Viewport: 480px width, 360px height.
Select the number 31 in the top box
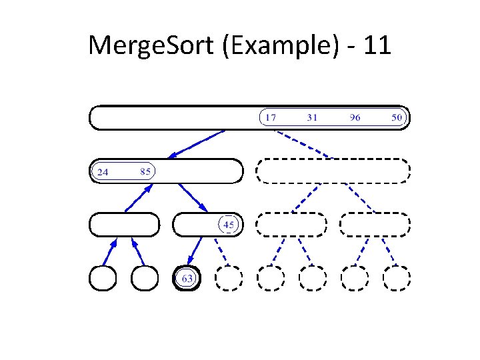tap(312, 118)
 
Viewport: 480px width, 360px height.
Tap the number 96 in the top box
tap(355, 118)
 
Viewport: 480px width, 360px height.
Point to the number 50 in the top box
tap(397, 118)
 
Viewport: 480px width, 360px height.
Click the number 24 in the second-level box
tap(103, 172)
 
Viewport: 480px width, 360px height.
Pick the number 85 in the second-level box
tap(146, 171)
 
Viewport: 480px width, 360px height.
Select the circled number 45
tap(229, 225)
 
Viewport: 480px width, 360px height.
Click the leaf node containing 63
tap(187, 278)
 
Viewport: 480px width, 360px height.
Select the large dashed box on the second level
tap(333, 171)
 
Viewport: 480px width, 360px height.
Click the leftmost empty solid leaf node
tap(103, 278)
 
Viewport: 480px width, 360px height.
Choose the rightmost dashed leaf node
tap(396, 278)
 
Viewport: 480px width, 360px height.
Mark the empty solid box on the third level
tap(124, 225)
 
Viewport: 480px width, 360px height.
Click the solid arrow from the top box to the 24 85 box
tap(197, 143)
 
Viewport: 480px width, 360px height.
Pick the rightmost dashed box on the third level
tap(375, 225)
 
